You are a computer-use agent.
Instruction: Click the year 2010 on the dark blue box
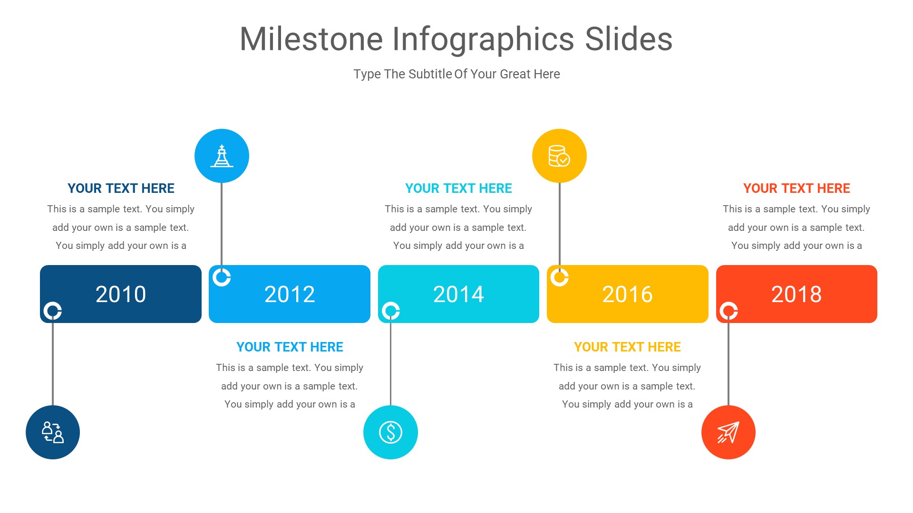click(x=121, y=294)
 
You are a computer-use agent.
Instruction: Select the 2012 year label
click(x=290, y=294)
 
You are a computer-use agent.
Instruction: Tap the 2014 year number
click(x=458, y=294)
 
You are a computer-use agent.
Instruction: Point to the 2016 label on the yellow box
click(x=627, y=294)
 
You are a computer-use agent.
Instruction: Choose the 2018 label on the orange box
click(x=796, y=294)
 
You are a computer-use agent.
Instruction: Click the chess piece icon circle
click(x=222, y=156)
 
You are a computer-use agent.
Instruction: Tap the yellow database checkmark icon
click(x=559, y=156)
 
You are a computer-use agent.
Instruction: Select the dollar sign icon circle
click(x=390, y=432)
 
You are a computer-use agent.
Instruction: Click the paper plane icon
click(x=728, y=432)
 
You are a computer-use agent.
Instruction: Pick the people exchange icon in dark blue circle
click(x=53, y=432)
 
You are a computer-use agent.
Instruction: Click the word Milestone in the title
click(x=311, y=39)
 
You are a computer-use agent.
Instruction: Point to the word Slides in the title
click(x=629, y=39)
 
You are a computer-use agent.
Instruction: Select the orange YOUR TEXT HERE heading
click(x=796, y=189)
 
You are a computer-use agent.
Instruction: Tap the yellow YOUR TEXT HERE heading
click(x=627, y=347)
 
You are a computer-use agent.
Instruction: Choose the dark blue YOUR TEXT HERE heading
click(x=121, y=189)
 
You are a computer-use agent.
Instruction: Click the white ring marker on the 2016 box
click(x=559, y=277)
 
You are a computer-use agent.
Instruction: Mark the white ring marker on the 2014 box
click(x=391, y=311)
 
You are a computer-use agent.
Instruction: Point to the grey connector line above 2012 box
click(x=222, y=223)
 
